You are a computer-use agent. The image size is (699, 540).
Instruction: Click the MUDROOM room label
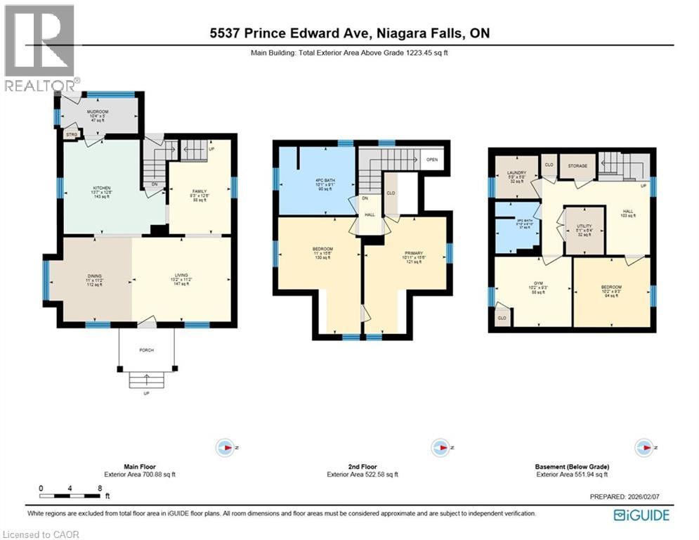(x=98, y=111)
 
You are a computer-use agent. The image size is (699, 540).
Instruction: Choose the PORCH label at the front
(x=146, y=349)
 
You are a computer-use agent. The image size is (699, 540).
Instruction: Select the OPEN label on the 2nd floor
(x=432, y=160)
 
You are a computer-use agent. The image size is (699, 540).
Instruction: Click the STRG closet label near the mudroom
(x=71, y=134)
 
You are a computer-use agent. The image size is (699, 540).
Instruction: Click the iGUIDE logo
(x=641, y=515)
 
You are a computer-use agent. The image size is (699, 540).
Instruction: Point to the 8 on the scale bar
(x=100, y=487)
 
